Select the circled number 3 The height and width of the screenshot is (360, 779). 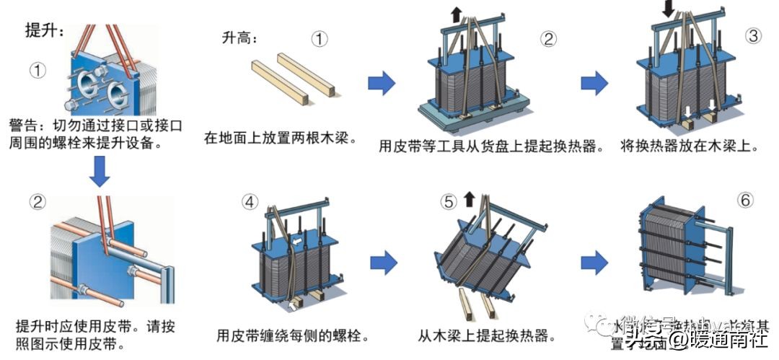(x=753, y=35)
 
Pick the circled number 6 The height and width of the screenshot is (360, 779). (x=745, y=200)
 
